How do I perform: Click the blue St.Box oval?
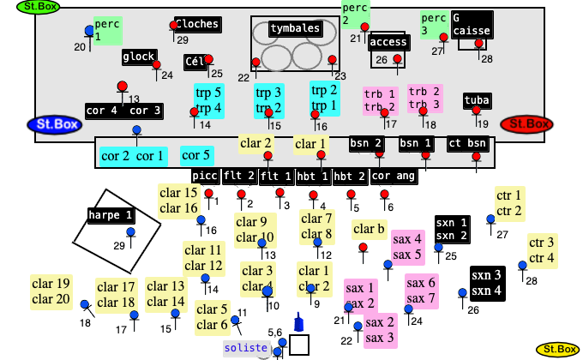click(x=52, y=125)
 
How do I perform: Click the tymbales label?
click(x=295, y=29)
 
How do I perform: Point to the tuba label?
click(x=477, y=101)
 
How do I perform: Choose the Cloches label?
click(x=197, y=24)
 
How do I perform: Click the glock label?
click(x=139, y=57)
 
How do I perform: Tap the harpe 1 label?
click(x=111, y=215)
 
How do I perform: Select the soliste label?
click(x=246, y=349)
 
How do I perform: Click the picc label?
click(x=206, y=177)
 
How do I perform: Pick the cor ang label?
click(x=394, y=177)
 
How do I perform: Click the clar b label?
click(x=369, y=229)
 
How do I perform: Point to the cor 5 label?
click(x=196, y=156)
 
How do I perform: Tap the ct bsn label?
click(x=468, y=143)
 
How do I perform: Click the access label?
click(x=388, y=43)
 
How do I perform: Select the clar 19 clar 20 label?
click(x=51, y=291)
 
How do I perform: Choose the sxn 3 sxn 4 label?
click(x=486, y=282)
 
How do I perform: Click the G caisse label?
click(x=472, y=24)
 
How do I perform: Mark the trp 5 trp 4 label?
click(x=208, y=100)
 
